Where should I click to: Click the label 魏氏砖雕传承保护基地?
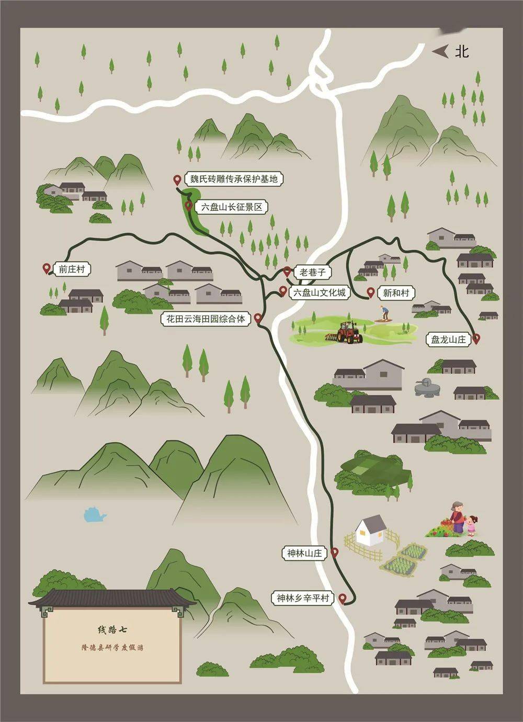coord(233,179)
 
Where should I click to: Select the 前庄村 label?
coord(71,269)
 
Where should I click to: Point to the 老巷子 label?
coord(313,273)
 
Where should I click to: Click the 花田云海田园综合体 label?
coord(206,318)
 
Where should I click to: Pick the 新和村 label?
coord(395,293)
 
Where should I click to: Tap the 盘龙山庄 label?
coord(448,339)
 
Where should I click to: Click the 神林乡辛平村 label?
coord(303,598)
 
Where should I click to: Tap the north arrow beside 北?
coord(440,51)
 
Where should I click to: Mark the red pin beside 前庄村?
coord(47,269)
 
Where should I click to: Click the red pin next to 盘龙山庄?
coord(476,339)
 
